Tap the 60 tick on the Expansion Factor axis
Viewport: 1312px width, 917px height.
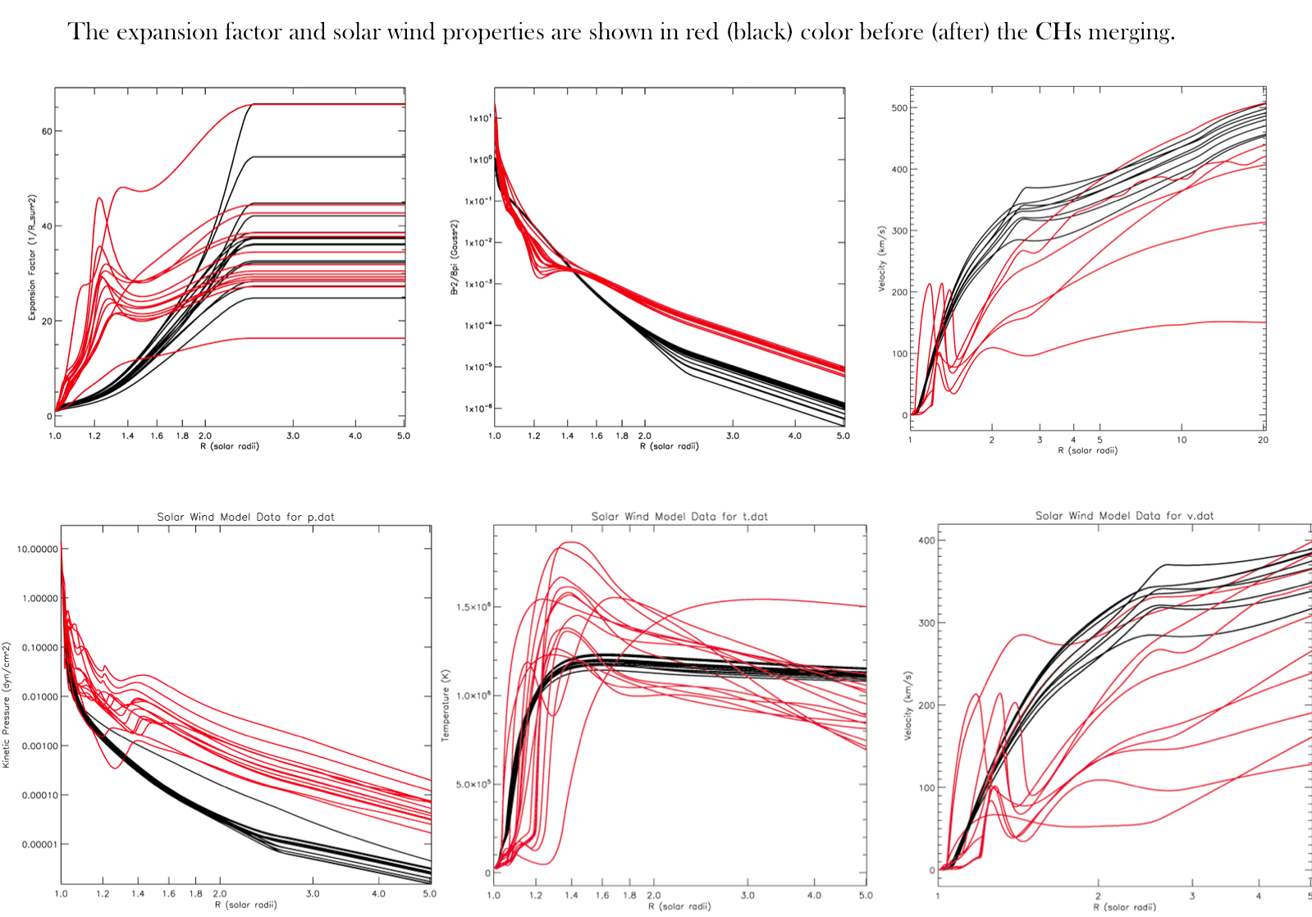pyautogui.click(x=47, y=131)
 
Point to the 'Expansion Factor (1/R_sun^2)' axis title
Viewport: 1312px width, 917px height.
pyautogui.click(x=33, y=258)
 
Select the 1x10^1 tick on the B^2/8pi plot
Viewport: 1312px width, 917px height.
pyautogui.click(x=479, y=118)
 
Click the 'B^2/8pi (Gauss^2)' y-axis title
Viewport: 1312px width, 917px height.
pyautogui.click(x=455, y=257)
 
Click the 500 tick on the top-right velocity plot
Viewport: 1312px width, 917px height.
pyautogui.click(x=898, y=107)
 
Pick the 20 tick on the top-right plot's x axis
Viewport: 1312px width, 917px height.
pyautogui.click(x=1263, y=440)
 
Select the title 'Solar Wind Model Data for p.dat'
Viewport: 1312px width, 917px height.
pyautogui.click(x=245, y=517)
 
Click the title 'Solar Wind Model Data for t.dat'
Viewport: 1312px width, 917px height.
pyautogui.click(x=679, y=516)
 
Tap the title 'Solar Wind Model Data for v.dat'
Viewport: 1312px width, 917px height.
pyautogui.click(x=1124, y=515)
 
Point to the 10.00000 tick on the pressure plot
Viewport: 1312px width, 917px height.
pyautogui.click(x=38, y=549)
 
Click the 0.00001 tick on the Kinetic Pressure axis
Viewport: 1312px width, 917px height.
pyautogui.click(x=38, y=844)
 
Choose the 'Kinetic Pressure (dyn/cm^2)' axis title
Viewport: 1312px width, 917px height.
pyautogui.click(x=7, y=705)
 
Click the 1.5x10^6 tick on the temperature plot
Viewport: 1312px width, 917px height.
pyautogui.click(x=473, y=607)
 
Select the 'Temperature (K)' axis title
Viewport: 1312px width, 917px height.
pyautogui.click(x=446, y=705)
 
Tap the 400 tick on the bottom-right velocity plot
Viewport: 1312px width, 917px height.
pyautogui.click(x=926, y=541)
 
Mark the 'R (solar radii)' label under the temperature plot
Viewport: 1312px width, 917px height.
pyautogui.click(x=680, y=906)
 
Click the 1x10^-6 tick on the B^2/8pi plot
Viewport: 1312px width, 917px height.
pyautogui.click(x=479, y=408)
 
